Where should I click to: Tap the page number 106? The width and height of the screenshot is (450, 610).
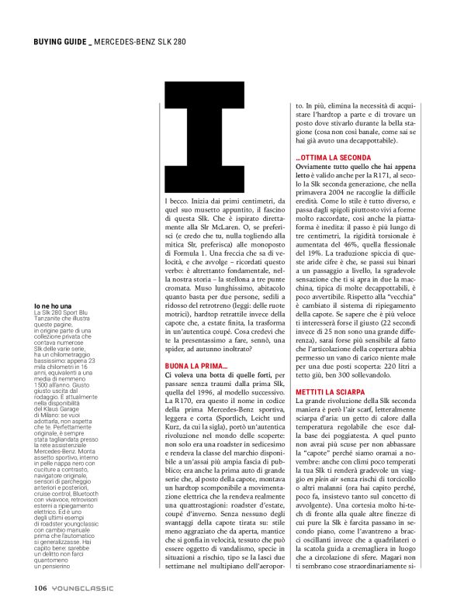[x=42, y=587]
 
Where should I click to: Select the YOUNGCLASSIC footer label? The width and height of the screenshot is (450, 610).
[x=81, y=587]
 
